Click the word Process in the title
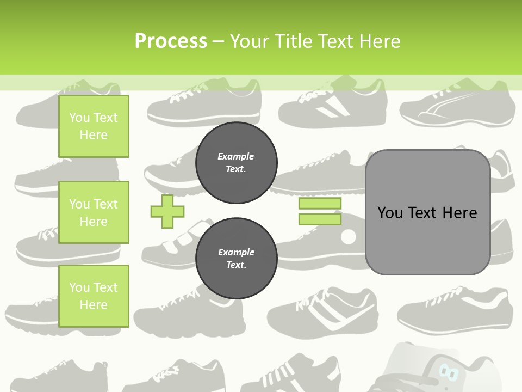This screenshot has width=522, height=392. click(x=171, y=41)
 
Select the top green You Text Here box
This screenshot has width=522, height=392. click(x=94, y=126)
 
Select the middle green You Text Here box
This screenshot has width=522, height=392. click(x=94, y=212)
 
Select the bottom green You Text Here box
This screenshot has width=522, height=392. click(x=94, y=296)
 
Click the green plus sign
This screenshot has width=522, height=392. click(x=167, y=211)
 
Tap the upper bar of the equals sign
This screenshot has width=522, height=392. click(x=320, y=204)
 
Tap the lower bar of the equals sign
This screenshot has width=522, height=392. click(x=320, y=219)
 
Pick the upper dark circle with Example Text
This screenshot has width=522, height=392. click(x=237, y=163)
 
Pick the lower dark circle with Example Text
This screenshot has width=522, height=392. click(x=237, y=259)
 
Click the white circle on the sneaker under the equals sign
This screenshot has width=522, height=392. click(x=348, y=236)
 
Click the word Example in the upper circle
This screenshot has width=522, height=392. click(x=236, y=156)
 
